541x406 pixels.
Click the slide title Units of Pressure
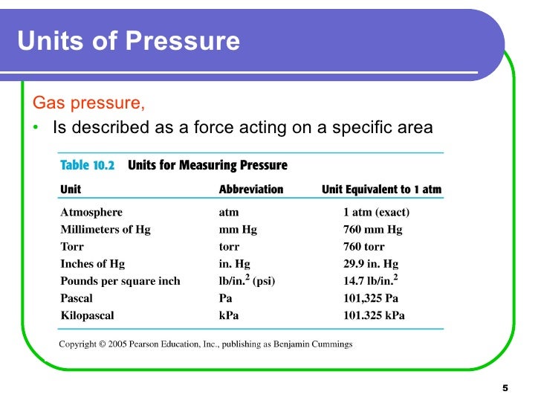(129, 40)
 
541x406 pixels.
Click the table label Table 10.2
(87, 166)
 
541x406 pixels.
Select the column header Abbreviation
(250, 190)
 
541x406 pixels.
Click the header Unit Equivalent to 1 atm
(381, 190)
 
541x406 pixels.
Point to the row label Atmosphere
(91, 213)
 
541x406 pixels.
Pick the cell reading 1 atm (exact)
(376, 213)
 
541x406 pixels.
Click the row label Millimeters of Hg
(105, 230)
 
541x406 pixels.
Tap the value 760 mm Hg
(372, 230)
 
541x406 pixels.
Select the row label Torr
(72, 247)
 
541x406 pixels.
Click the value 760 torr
(363, 247)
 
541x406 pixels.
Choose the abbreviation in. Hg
(229, 264)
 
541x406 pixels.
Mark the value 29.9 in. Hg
(371, 264)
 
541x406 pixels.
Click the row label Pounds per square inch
(120, 281)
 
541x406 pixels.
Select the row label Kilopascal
(87, 315)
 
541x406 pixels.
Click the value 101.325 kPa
(374, 315)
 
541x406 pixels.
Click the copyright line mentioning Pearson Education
(206, 344)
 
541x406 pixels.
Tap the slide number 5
(505, 388)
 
